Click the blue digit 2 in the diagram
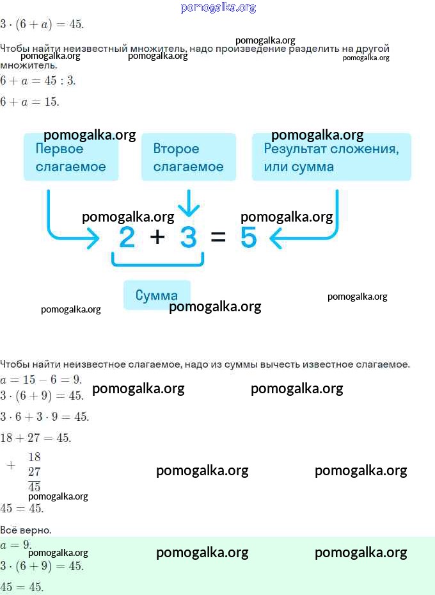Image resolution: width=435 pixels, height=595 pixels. pyautogui.click(x=127, y=237)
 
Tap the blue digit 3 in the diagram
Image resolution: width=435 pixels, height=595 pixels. pyautogui.click(x=188, y=237)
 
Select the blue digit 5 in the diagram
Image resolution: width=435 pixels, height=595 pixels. pyautogui.click(x=249, y=237)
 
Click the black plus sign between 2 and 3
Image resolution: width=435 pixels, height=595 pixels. pyautogui.click(x=157, y=237)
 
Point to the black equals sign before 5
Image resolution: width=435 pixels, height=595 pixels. pyautogui.click(x=218, y=237)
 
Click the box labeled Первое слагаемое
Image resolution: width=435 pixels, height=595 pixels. pyautogui.click(x=71, y=157)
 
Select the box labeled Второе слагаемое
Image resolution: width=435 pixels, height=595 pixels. pyautogui.click(x=188, y=157)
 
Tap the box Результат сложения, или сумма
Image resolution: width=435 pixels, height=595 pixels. pyautogui.click(x=331, y=157)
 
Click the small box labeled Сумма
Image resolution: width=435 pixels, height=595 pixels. pyautogui.click(x=157, y=295)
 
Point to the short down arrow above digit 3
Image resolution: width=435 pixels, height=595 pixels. pyautogui.click(x=188, y=203)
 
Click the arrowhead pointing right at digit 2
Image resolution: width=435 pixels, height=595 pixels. pyautogui.click(x=93, y=238)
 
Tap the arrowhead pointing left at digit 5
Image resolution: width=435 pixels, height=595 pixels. pyautogui.click(x=275, y=238)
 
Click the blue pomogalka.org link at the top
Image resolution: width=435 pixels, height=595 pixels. pyautogui.click(x=218, y=7)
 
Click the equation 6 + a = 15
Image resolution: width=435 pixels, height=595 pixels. pyautogui.click(x=29, y=102)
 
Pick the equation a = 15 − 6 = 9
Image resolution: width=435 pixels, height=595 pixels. pyautogui.click(x=41, y=379)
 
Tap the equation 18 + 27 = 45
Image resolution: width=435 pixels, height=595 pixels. pyautogui.click(x=36, y=438)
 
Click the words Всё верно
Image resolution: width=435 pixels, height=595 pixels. pyautogui.click(x=26, y=530)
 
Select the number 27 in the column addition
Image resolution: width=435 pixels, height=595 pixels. pyautogui.click(x=34, y=471)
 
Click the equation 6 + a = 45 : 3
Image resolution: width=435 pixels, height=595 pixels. pyautogui.click(x=38, y=81)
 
